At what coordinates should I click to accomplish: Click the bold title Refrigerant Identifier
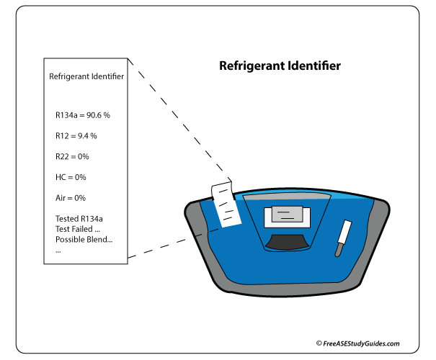click(280, 66)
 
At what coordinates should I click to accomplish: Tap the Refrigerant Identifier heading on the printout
click(86, 76)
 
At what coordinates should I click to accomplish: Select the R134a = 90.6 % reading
click(83, 115)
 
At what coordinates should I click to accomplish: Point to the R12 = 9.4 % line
click(76, 136)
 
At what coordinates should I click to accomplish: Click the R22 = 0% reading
click(72, 157)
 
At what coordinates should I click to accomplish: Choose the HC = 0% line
click(71, 177)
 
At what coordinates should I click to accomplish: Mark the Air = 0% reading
click(71, 198)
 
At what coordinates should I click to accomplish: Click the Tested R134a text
click(79, 219)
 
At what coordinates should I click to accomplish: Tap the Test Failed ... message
click(78, 229)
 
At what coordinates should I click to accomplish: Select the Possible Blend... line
click(84, 240)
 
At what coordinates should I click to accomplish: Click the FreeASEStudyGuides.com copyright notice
click(358, 343)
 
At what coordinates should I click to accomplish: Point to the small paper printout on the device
click(226, 204)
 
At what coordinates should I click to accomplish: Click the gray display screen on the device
click(288, 214)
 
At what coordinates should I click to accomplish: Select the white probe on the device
click(344, 232)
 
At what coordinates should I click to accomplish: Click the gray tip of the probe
click(339, 249)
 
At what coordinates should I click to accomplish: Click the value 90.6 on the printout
click(94, 115)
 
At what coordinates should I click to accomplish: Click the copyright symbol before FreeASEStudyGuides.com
click(319, 343)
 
